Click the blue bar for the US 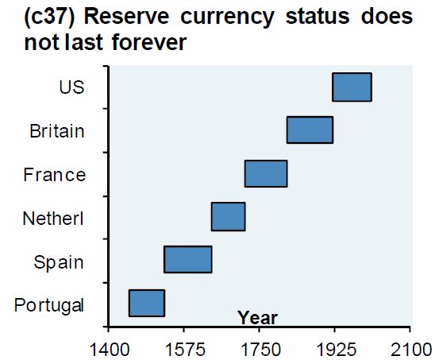[352, 87]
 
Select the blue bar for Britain [310, 130]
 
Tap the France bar [266, 173]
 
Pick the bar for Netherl [228, 216]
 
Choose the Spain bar [187, 260]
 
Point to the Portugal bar [147, 303]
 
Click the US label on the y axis [71, 87]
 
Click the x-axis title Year [257, 318]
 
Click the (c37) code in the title [31, 17]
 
